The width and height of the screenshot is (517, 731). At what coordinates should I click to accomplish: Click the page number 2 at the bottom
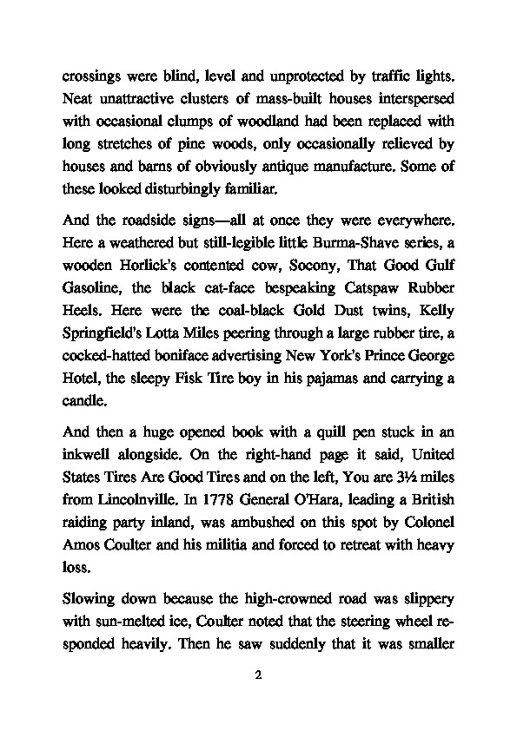pos(259,674)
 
